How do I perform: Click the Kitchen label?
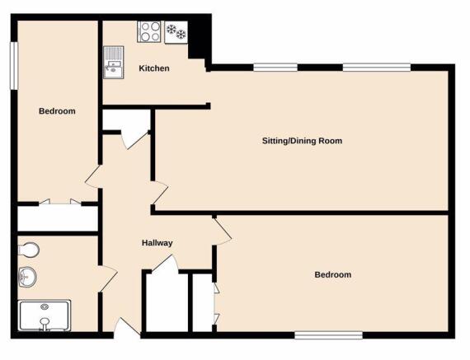point(154,68)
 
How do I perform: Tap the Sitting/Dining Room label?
point(302,141)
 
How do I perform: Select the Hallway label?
point(157,243)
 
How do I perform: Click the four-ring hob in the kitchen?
point(149,32)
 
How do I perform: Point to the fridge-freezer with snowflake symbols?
point(176,32)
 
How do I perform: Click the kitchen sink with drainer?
point(114,63)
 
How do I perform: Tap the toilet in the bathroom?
point(29,250)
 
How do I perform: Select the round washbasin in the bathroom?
point(27,277)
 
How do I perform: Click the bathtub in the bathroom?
point(45,316)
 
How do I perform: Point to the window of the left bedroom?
point(14,66)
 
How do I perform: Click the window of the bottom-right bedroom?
point(328,335)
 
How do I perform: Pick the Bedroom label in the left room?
point(57,111)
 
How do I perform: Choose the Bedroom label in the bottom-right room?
point(333,274)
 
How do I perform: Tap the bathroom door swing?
point(107,278)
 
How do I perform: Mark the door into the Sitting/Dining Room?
point(159,194)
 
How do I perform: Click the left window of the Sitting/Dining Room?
point(275,68)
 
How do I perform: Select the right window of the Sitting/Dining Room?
point(377,68)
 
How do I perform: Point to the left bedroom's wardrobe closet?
point(58,218)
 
